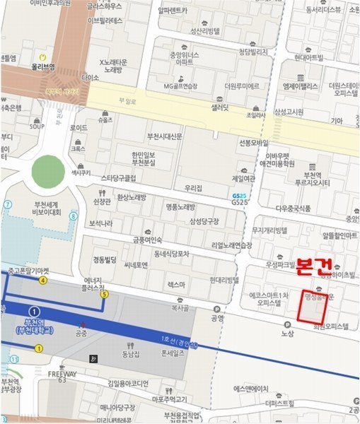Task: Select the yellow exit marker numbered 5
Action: (x=105, y=294)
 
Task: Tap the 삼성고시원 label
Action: (x=288, y=112)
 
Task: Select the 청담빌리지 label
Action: (x=253, y=52)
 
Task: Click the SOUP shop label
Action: (x=37, y=127)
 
